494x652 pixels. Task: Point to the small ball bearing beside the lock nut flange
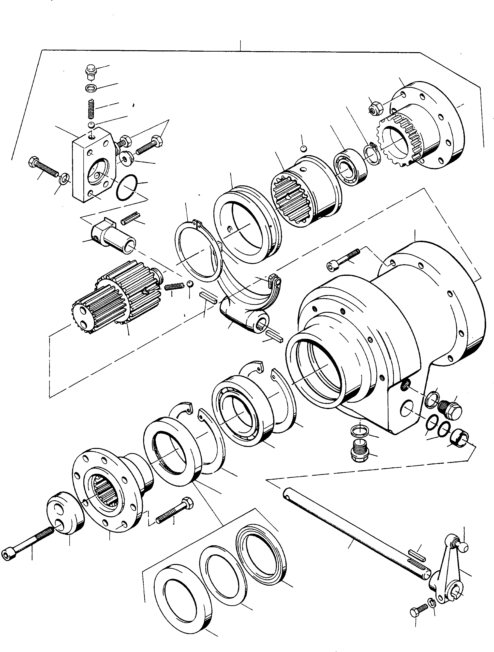[x=350, y=164]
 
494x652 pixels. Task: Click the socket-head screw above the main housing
[x=343, y=259]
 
